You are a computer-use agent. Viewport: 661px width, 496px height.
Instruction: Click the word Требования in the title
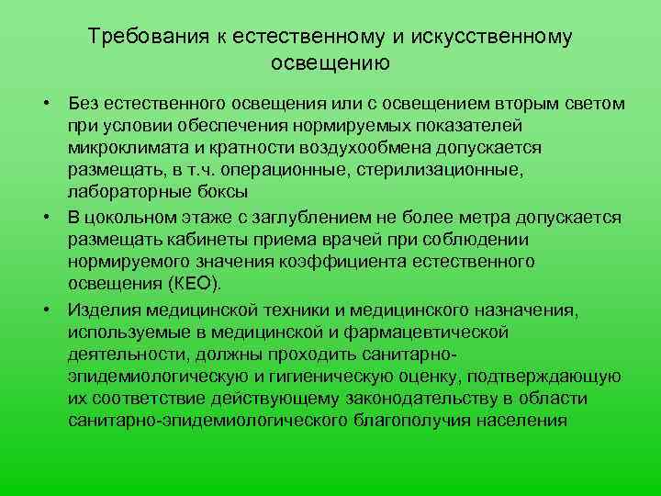click(150, 37)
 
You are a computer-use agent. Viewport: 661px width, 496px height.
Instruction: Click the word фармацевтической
click(427, 333)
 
